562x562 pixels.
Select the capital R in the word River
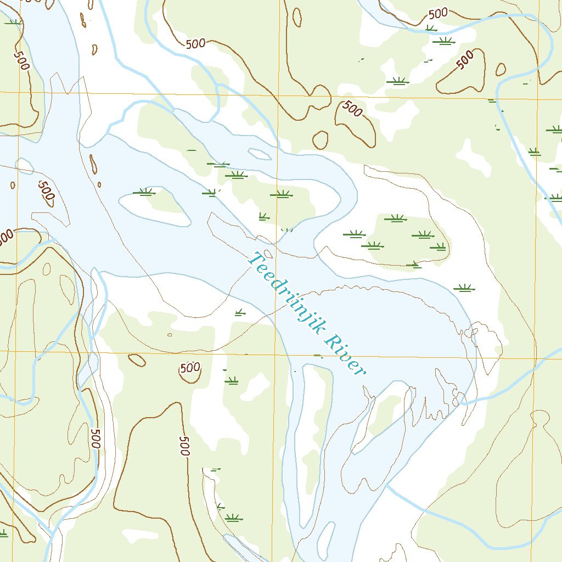[331, 341]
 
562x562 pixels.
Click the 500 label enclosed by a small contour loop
[190, 368]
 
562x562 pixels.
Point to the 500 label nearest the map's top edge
[437, 13]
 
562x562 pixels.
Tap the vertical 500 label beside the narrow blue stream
[96, 439]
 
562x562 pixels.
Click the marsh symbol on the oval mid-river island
[144, 192]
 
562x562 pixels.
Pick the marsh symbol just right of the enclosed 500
[232, 380]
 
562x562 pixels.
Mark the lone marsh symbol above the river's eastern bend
[464, 288]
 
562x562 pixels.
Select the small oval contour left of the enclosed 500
[137, 359]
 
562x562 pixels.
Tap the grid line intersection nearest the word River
[275, 355]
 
